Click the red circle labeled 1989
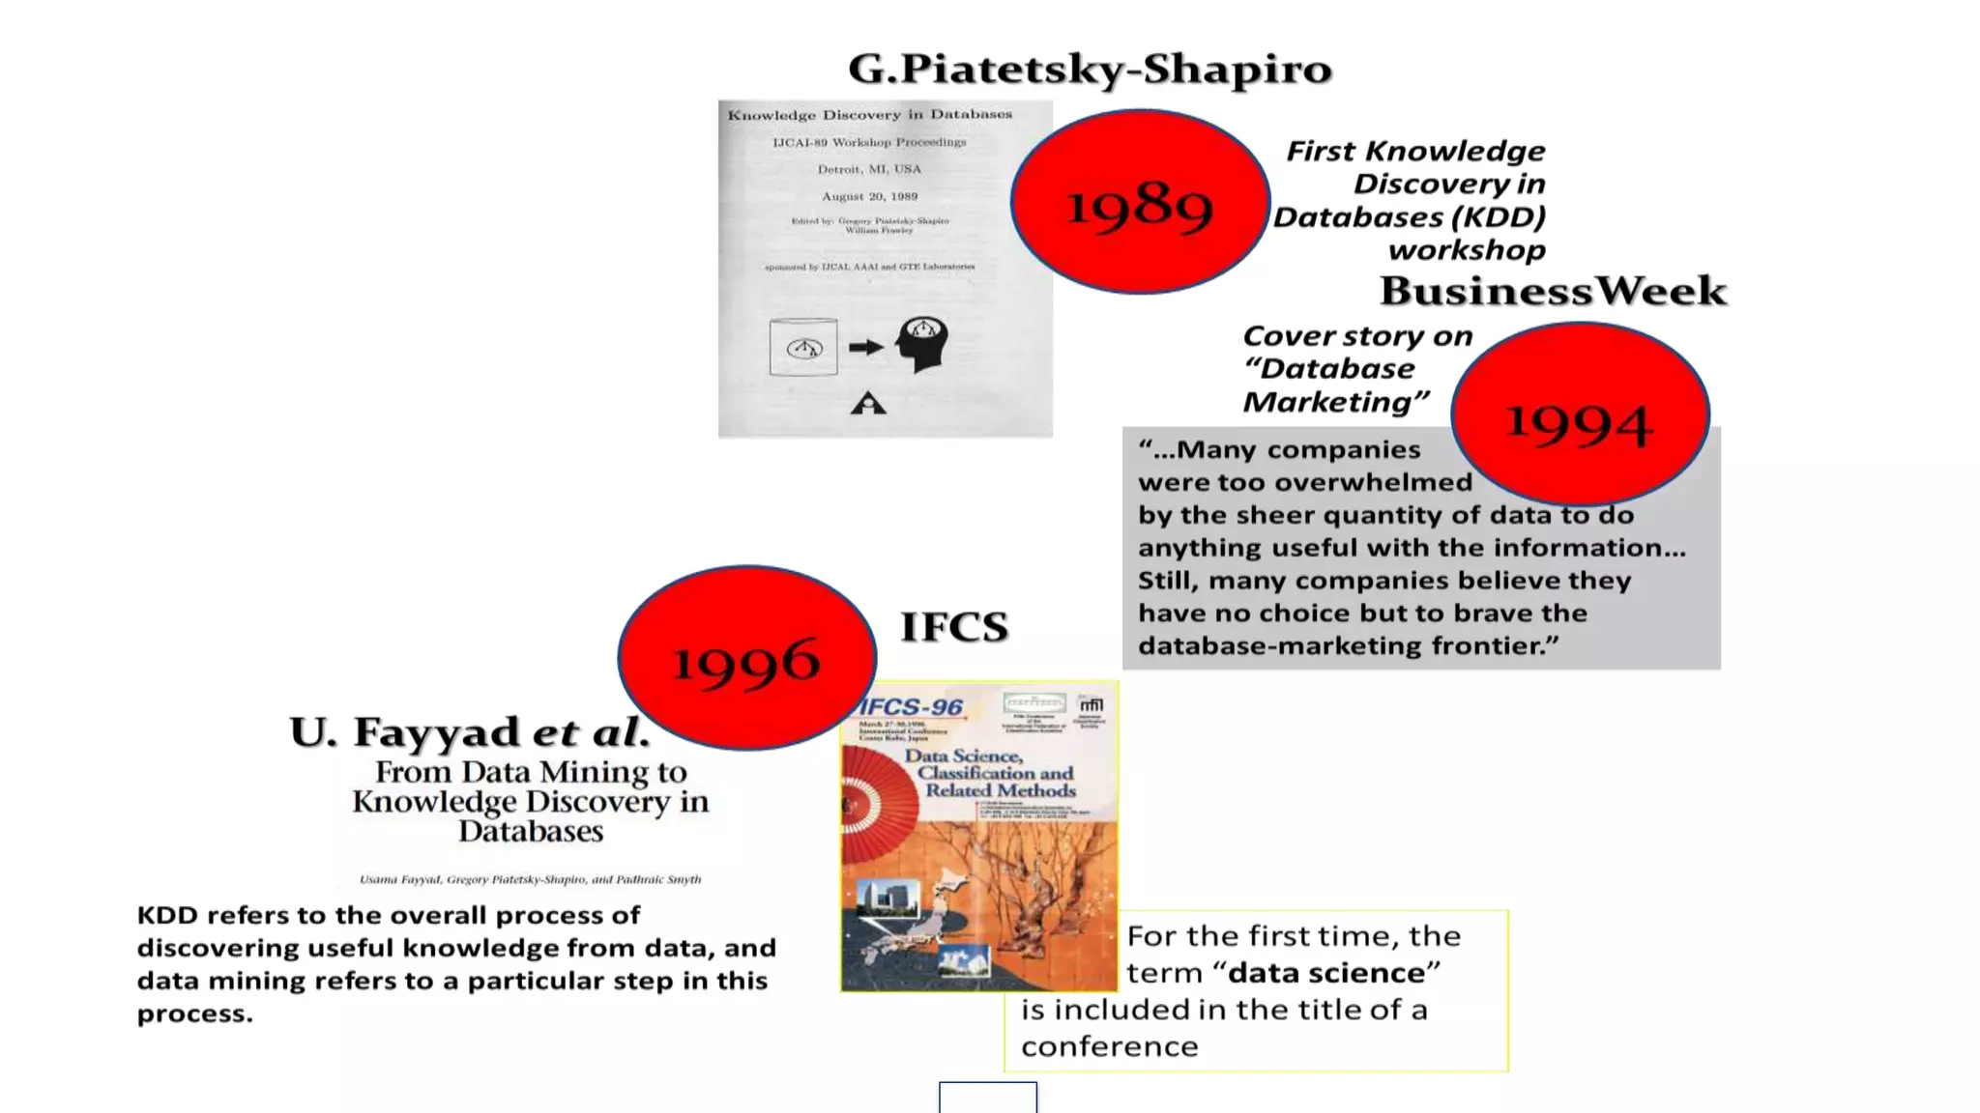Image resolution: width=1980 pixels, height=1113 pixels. point(1140,202)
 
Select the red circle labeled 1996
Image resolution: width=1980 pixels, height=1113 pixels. point(746,659)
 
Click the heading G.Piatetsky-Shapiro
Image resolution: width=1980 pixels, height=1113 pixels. point(1090,69)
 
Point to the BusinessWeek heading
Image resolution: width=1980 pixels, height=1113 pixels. point(1553,291)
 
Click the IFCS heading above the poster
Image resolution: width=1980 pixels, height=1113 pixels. point(954,627)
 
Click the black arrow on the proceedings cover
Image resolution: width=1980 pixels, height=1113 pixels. point(866,347)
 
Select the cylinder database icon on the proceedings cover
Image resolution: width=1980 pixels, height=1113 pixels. point(803,347)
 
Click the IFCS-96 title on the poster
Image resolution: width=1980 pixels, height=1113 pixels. point(911,707)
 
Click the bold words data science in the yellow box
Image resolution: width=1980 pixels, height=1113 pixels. point(1325,973)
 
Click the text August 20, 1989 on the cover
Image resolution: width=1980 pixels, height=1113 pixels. point(869,196)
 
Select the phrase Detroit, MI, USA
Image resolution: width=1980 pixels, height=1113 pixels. point(869,169)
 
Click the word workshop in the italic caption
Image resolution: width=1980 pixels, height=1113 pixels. point(1467,250)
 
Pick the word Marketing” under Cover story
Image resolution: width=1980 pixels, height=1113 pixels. point(1335,402)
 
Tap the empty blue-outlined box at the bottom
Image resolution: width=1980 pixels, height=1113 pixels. point(987,1098)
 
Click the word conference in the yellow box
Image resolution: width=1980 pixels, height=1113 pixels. point(1109,1046)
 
